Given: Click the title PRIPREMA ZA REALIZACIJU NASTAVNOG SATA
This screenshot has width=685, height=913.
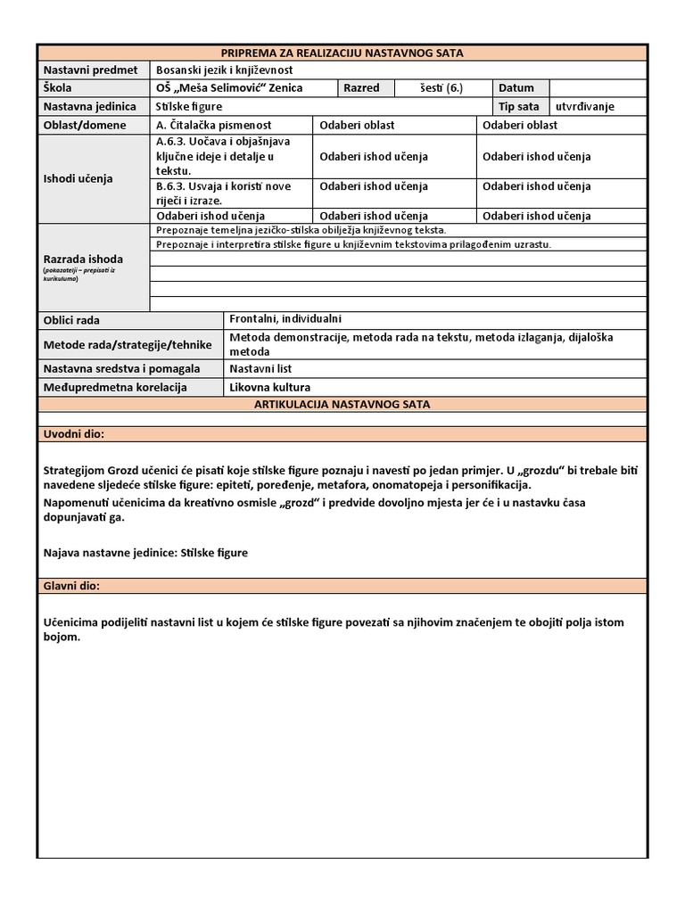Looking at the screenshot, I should click(342, 53).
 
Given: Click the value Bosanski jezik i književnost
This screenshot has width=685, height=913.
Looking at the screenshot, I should click(224, 70).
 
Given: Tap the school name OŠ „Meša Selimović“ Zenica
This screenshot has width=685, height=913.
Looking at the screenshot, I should click(229, 87).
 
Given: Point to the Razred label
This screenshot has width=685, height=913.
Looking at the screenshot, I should click(361, 87).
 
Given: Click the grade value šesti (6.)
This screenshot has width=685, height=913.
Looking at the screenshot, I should click(442, 87).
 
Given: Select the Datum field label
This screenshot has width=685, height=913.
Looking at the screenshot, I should click(516, 87).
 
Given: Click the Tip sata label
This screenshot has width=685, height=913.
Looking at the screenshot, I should click(518, 106).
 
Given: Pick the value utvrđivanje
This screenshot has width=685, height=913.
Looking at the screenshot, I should click(585, 106).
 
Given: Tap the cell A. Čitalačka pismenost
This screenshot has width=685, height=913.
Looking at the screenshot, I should click(214, 125).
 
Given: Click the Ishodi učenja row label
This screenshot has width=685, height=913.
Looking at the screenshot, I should click(78, 178).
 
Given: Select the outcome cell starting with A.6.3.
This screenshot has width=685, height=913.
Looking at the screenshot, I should click(222, 155).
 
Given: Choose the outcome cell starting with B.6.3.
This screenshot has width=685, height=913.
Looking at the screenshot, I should click(222, 193).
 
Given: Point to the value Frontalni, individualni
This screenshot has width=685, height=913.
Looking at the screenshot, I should click(285, 319).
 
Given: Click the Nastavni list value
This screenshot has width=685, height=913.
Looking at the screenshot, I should click(260, 368).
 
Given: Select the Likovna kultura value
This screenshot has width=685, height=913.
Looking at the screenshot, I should click(269, 387).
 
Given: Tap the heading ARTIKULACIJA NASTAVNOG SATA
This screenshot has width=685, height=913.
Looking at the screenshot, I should click(342, 404).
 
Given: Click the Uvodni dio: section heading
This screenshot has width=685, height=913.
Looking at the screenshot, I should click(74, 433).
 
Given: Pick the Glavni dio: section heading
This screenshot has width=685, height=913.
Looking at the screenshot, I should click(72, 586).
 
